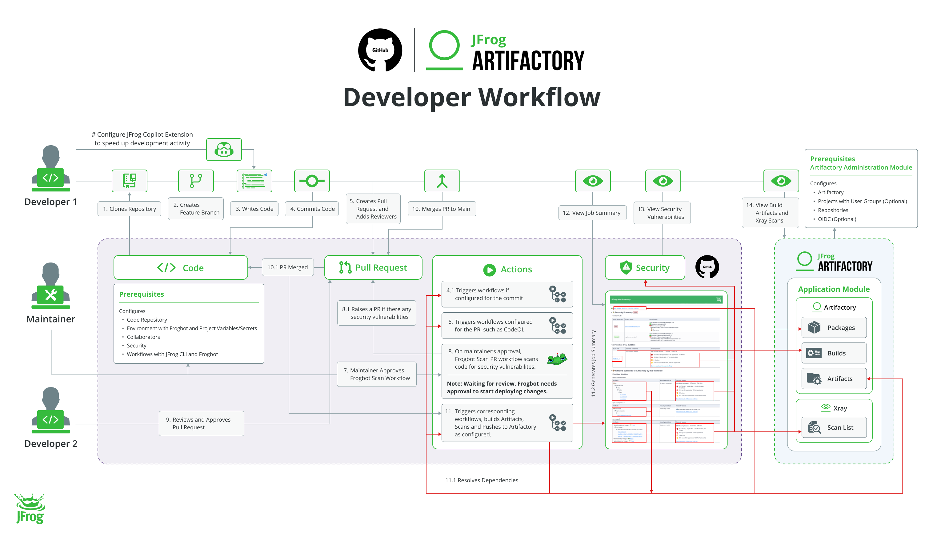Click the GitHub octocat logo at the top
[380, 50]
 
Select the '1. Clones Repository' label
[130, 209]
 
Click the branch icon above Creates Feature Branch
[196, 181]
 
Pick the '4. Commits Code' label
[312, 209]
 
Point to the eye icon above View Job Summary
[593, 181]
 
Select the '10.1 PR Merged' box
[288, 267]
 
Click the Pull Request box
[373, 267]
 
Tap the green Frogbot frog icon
[557, 359]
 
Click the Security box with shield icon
[645, 267]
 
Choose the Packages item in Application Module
[834, 327]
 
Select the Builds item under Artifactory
[834, 353]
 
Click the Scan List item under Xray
[834, 427]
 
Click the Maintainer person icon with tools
[51, 286]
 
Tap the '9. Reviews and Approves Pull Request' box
[201, 423]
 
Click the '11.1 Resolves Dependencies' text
[482, 480]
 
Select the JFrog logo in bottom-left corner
[30, 509]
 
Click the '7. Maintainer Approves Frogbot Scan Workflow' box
[376, 374]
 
